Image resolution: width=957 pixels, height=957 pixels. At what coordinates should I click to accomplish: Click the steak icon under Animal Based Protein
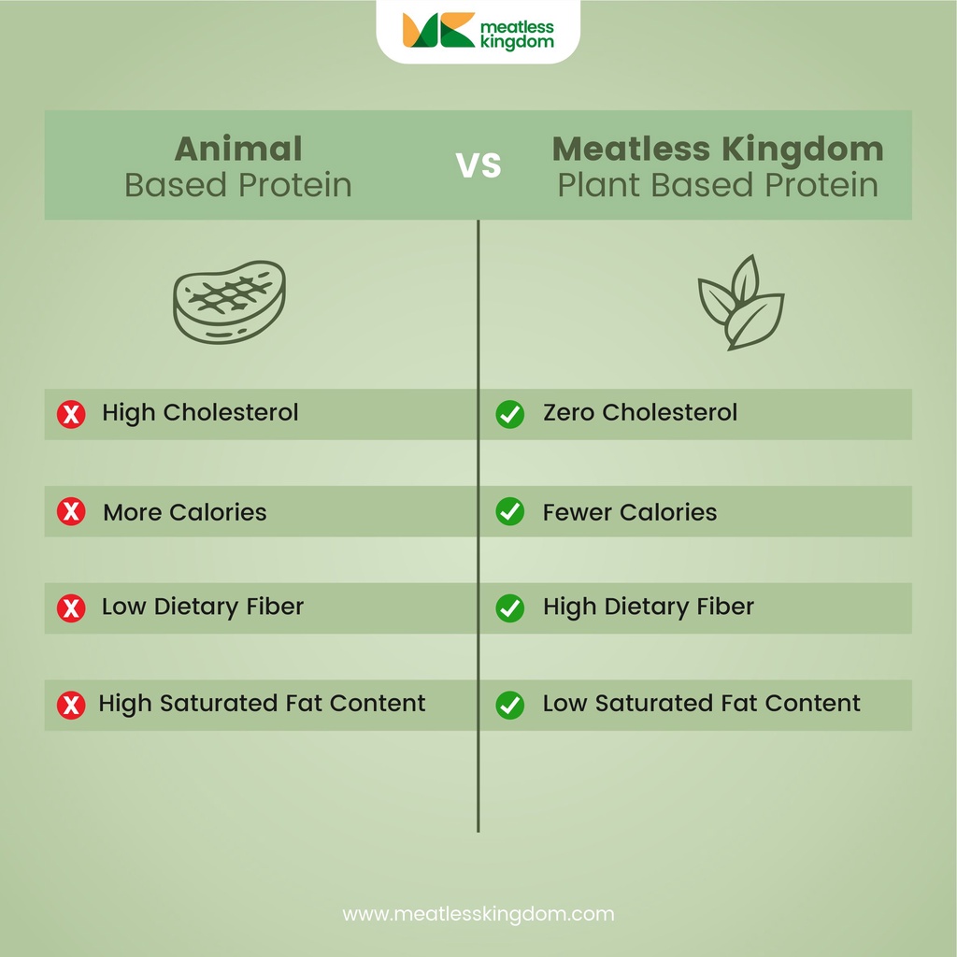(229, 302)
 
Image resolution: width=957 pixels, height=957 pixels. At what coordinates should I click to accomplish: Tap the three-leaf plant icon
(741, 302)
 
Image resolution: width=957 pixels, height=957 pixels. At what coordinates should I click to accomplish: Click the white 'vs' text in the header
(478, 164)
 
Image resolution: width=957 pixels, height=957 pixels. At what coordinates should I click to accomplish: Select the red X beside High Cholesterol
(71, 414)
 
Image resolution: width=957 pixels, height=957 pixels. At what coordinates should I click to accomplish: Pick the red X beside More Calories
(71, 511)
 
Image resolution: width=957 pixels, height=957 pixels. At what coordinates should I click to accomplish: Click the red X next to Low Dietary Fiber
(71, 608)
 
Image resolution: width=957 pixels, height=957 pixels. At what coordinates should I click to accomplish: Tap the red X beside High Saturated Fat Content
(71, 706)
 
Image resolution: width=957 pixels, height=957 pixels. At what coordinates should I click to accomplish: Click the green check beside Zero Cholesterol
(510, 414)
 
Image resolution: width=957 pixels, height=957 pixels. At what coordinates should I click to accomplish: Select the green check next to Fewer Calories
(510, 511)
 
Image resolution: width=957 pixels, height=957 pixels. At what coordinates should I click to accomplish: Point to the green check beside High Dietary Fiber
(510, 608)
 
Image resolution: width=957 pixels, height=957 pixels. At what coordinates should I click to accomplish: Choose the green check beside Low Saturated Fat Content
(510, 706)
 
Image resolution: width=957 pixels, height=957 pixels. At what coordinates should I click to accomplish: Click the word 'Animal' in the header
(238, 149)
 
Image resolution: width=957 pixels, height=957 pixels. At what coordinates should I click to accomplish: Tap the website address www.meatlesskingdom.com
(478, 914)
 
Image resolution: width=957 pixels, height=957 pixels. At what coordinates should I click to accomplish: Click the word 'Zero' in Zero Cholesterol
(569, 412)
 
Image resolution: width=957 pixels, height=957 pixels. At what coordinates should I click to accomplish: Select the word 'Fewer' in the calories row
(578, 512)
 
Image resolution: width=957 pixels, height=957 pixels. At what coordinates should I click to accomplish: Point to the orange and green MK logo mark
(439, 29)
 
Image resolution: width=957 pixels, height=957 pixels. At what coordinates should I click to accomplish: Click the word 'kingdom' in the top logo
(518, 41)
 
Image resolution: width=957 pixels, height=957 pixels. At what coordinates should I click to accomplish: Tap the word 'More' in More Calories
(132, 512)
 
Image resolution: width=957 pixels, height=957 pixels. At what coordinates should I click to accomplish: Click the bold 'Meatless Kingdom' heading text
(718, 149)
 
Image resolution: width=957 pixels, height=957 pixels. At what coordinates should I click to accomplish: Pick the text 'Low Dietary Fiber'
(203, 607)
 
